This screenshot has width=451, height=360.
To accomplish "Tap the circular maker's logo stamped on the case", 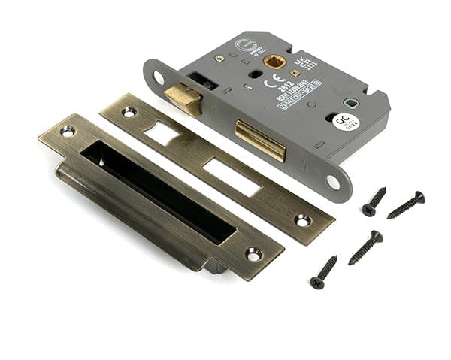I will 247,45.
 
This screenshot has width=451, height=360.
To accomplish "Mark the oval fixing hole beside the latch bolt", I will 159,77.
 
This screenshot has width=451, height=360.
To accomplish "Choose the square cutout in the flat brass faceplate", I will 164,134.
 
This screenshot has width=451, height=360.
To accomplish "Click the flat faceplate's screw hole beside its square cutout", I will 129,112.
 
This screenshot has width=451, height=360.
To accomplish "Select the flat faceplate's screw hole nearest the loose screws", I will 302,220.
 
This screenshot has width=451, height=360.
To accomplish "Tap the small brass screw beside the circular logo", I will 219,59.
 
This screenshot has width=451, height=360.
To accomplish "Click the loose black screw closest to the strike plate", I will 323,272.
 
